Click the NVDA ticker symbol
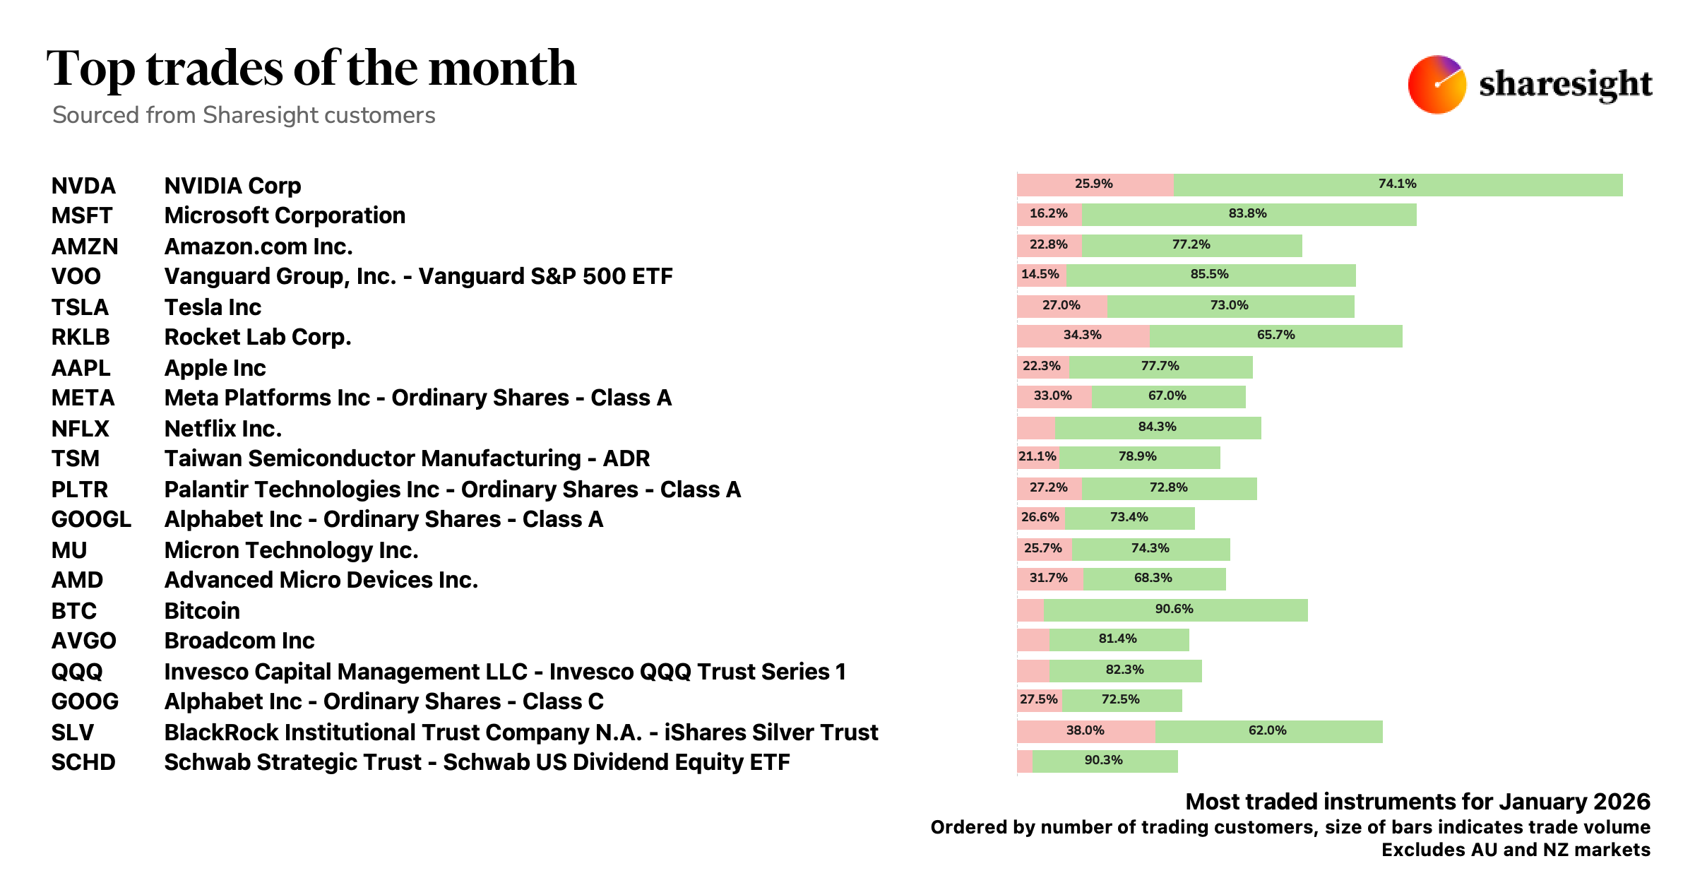coord(83,186)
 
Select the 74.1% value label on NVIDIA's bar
coord(1397,184)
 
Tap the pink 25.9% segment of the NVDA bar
coord(1094,184)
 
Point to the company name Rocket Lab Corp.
coord(257,337)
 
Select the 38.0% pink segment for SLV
coord(1086,731)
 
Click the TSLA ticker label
coord(80,307)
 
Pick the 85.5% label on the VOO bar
coord(1209,274)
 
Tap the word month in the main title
coord(502,69)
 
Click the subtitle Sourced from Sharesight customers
coord(244,115)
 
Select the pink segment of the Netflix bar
coord(1035,428)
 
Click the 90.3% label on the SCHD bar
coord(1103,760)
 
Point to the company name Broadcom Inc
coord(239,641)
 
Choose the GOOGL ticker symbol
coord(91,519)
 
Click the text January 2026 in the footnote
coord(1574,802)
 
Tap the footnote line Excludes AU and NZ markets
coord(1516,850)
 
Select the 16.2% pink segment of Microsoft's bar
coord(1049,214)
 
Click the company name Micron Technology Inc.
coord(291,550)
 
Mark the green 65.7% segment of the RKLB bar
coord(1275,336)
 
